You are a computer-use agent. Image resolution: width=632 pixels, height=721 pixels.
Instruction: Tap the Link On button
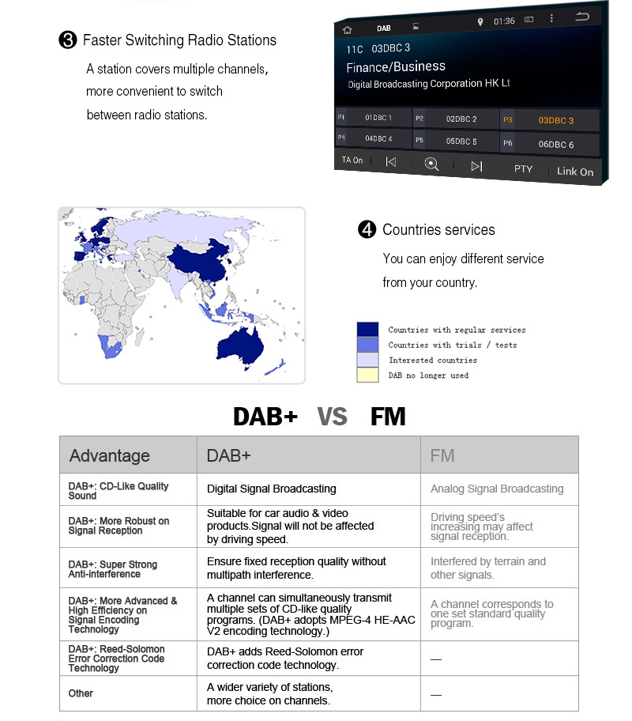[x=574, y=171]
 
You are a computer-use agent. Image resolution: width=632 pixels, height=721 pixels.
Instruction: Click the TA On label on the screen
[x=352, y=160]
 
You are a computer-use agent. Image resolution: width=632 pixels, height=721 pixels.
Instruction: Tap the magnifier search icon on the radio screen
[x=431, y=164]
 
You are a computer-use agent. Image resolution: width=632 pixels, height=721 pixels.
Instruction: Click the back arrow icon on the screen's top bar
[x=582, y=17]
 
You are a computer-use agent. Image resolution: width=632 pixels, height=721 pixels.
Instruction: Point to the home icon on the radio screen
[x=347, y=29]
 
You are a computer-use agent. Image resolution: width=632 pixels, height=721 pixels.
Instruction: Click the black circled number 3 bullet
[x=68, y=40]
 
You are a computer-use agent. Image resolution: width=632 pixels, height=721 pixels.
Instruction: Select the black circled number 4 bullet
[x=367, y=230]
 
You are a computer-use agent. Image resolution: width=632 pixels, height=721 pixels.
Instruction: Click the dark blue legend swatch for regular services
[x=368, y=330]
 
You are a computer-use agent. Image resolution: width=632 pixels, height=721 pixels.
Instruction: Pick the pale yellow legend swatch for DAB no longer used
[x=368, y=376]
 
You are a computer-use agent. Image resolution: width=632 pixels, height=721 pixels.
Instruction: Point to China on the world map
[x=198, y=260]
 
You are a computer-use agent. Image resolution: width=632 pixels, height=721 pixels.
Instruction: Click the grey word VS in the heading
[x=332, y=417]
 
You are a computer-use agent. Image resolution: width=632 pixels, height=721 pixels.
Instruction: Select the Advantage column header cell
[x=128, y=455]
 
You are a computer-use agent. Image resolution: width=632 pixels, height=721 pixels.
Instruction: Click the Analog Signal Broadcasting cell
[x=498, y=489]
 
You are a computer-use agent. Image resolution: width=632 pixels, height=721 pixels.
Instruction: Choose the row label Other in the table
[x=81, y=693]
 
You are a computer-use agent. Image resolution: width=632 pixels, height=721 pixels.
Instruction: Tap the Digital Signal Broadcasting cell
[x=272, y=489]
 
